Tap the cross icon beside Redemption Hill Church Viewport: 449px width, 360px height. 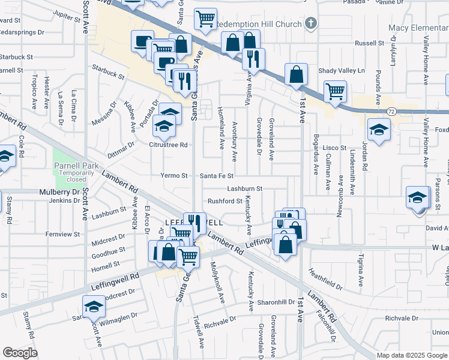click(310, 23)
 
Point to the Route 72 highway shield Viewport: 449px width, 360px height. click(391, 112)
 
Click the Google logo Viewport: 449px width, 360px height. click(20, 353)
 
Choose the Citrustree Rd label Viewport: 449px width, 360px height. click(169, 145)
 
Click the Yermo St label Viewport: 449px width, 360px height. click(174, 176)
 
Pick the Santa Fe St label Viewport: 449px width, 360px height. click(216, 176)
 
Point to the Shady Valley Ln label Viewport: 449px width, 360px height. click(341, 71)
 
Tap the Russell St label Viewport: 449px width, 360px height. click(369, 43)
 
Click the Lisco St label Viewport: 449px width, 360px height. click(335, 147)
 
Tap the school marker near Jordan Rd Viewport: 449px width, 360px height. click(379, 130)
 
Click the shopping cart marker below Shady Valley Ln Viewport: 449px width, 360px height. click(335, 92)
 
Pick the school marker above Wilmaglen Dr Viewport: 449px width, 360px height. click(92, 307)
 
